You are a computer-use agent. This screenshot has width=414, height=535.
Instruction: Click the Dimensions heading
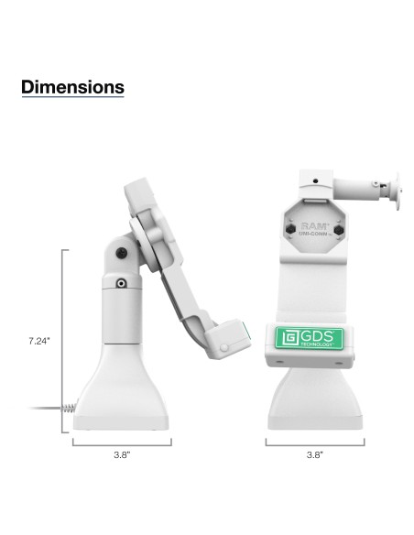point(72,87)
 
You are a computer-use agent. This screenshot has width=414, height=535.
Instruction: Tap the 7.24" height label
point(39,341)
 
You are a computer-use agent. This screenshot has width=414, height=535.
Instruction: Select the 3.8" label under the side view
point(122,454)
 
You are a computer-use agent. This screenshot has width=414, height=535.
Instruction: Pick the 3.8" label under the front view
point(315,454)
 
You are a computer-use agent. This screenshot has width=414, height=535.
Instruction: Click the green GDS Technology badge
point(310,338)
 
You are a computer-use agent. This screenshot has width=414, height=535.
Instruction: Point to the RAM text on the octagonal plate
point(314,226)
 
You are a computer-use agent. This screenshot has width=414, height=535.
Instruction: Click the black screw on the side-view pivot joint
point(122,253)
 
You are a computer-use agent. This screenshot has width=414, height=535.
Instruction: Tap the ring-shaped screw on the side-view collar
point(122,283)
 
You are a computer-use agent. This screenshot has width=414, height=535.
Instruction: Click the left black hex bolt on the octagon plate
point(290,229)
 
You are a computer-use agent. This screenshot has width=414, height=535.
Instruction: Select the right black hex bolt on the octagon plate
point(339,230)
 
